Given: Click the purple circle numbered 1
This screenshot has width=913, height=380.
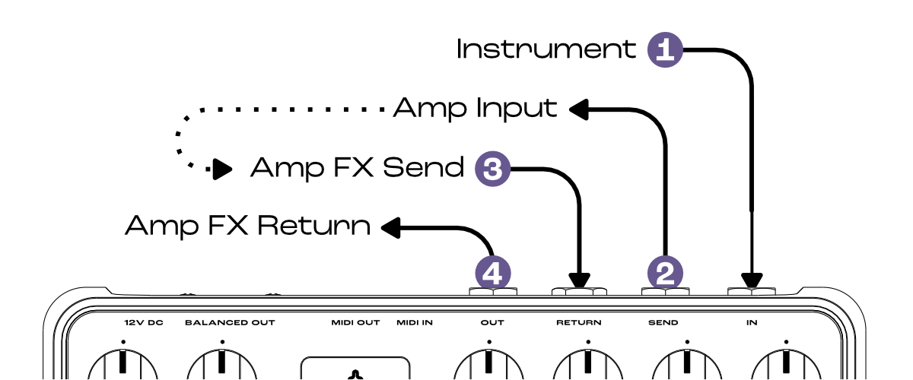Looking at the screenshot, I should click(x=665, y=50).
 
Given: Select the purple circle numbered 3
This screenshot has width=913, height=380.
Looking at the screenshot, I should click(x=492, y=167).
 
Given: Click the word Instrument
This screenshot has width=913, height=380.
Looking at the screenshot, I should click(x=546, y=50).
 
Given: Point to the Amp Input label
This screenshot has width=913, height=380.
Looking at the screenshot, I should click(x=476, y=109).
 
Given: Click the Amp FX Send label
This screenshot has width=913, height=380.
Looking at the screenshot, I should click(x=357, y=167).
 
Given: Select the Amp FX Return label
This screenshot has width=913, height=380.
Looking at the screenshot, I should click(x=248, y=226).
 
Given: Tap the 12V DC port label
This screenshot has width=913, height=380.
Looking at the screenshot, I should click(x=144, y=323).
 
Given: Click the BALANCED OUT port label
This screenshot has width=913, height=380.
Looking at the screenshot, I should click(x=230, y=323).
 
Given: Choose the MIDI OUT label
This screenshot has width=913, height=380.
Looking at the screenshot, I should click(x=355, y=323).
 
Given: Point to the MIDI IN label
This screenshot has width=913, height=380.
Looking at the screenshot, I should click(x=415, y=323).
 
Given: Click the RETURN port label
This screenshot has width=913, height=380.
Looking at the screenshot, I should click(x=578, y=323).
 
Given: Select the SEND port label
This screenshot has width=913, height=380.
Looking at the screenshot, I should click(x=663, y=323).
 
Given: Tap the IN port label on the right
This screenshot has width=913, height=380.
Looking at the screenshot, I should click(x=752, y=323).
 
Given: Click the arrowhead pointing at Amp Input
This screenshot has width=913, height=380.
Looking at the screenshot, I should click(x=577, y=109).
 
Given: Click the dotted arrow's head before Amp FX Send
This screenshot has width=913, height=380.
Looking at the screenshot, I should click(x=222, y=168).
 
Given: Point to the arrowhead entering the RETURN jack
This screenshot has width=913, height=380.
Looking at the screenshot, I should click(x=580, y=279).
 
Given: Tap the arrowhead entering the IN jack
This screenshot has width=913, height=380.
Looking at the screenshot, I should click(x=752, y=279).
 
